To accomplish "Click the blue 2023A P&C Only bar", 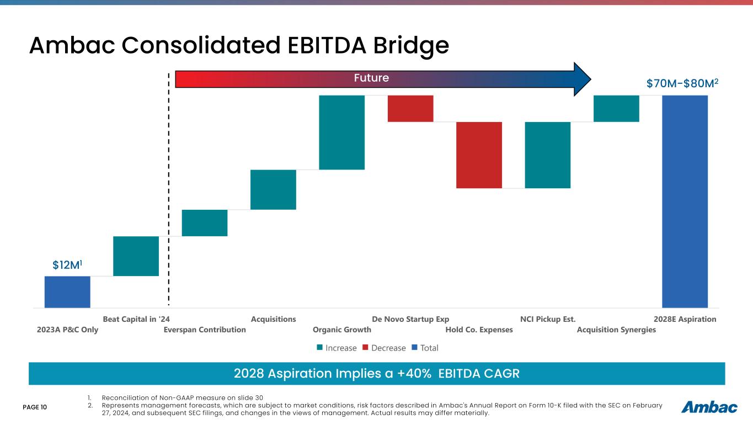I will pyautogui.click(x=67, y=291).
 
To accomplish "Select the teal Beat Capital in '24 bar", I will pyautogui.click(x=136, y=256).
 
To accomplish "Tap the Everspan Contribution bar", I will pyautogui.click(x=205, y=223).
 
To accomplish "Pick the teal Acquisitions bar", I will pyautogui.click(x=273, y=189).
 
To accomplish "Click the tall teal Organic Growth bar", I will pyautogui.click(x=342, y=132).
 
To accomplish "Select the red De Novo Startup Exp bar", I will pyautogui.click(x=410, y=108).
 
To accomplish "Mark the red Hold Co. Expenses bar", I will pyautogui.click(x=479, y=155).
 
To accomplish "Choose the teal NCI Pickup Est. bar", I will pyautogui.click(x=548, y=155).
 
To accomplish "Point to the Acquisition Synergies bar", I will pyautogui.click(x=616, y=108).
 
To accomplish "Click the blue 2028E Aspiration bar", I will pyautogui.click(x=685, y=202).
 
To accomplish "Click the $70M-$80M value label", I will pyautogui.click(x=682, y=84).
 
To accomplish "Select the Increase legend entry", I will pyautogui.click(x=337, y=348).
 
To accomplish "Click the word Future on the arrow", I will pyautogui.click(x=371, y=78).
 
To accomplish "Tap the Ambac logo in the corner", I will pyautogui.click(x=709, y=407).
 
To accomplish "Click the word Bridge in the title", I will pyautogui.click(x=394, y=46).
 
